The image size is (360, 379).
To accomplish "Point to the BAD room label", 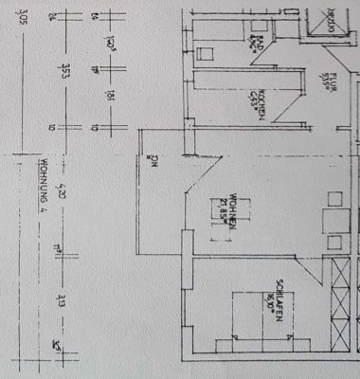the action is [257, 45].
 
